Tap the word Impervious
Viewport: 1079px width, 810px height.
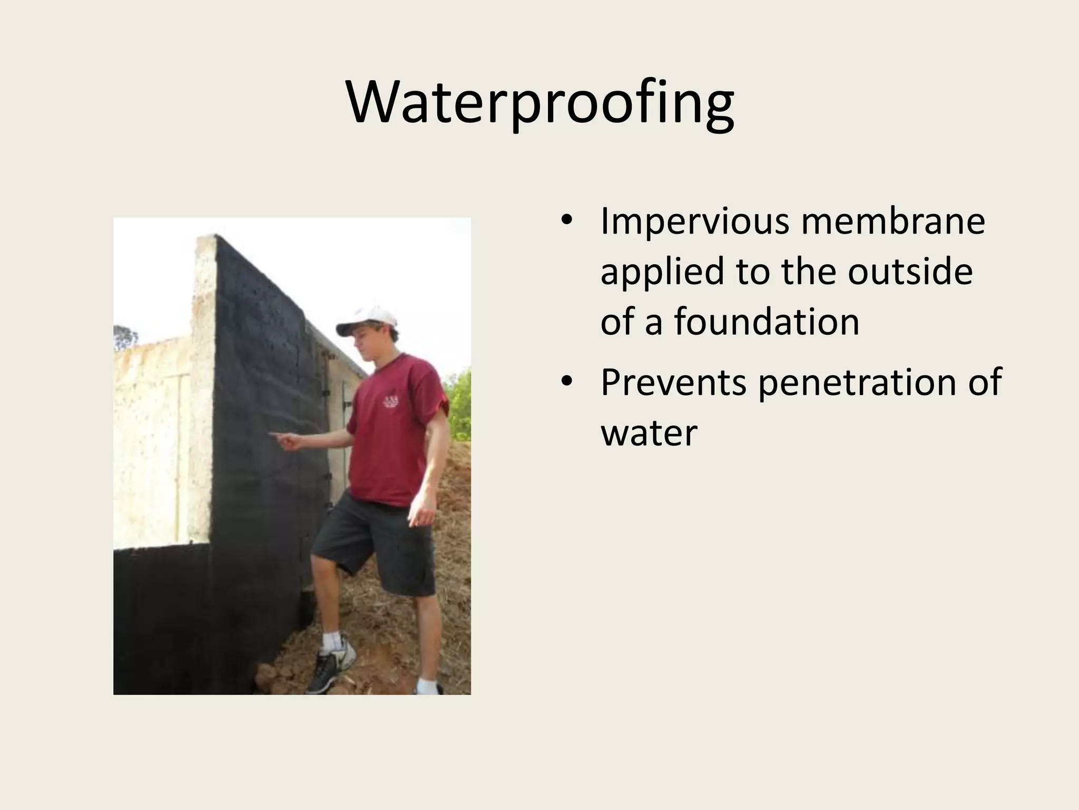[695, 221]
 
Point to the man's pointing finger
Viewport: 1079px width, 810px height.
[275, 435]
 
